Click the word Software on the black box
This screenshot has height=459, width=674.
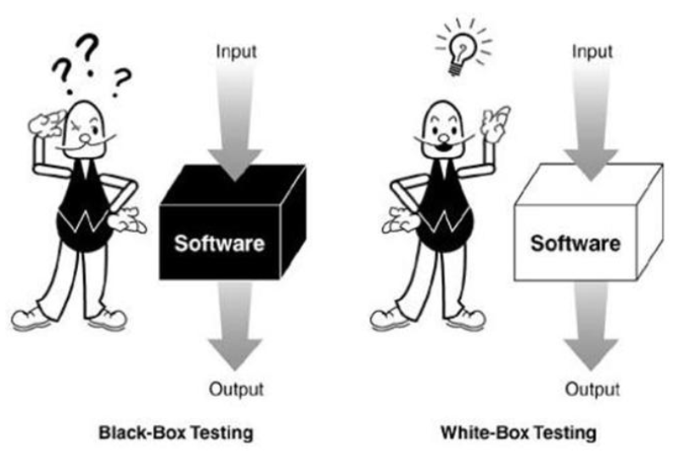219,243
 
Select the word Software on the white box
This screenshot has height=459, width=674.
576,243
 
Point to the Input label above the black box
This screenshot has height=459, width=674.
236,52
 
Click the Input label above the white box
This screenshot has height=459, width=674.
592,52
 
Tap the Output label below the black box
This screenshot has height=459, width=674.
236,388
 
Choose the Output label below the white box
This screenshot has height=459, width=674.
593,388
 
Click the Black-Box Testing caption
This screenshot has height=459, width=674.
176,433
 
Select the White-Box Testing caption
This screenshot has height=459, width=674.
519,433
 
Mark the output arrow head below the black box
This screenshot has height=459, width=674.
235,354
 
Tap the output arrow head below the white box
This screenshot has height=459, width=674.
591,354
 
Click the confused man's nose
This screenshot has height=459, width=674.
86,138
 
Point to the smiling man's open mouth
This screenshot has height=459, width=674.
444,147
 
